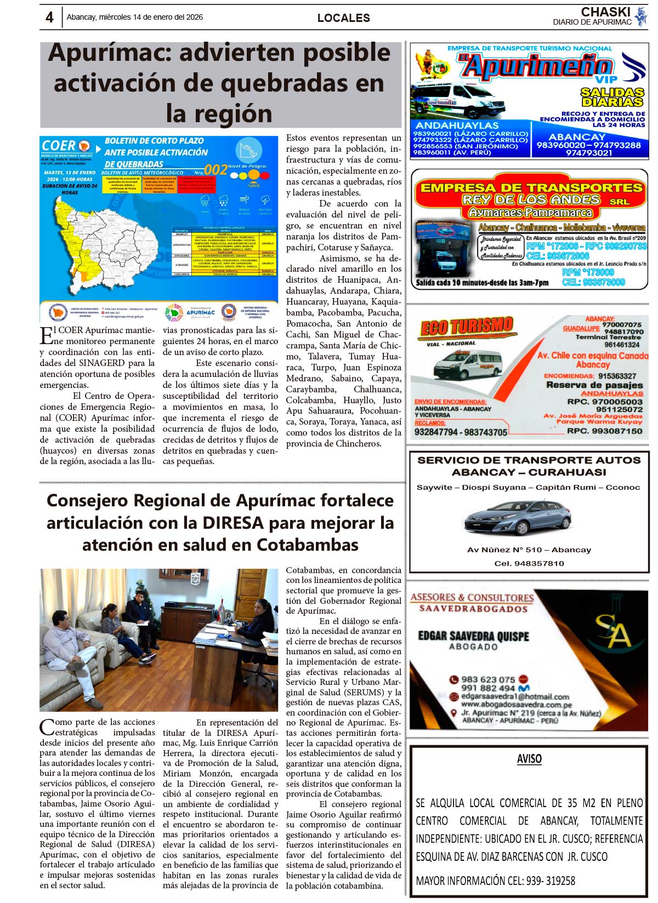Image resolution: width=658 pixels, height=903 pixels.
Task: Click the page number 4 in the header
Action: tap(49, 18)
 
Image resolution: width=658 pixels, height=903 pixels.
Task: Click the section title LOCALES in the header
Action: tap(343, 18)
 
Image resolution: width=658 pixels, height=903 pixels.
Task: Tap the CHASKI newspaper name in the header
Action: tap(605, 12)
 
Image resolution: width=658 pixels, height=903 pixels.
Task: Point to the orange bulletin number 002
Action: tap(215, 170)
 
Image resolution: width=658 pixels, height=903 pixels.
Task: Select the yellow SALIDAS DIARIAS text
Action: tap(612, 97)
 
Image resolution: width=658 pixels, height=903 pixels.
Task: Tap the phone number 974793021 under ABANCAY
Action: tap(589, 153)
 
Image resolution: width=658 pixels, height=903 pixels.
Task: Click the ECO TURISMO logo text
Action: tap(466, 327)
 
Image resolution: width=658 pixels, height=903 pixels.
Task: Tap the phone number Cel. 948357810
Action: tap(529, 563)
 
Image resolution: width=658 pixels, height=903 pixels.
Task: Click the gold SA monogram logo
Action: tap(613, 631)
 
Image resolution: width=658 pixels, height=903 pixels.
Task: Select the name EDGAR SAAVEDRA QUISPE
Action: tap(473, 636)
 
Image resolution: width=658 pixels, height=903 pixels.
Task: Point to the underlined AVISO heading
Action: tap(529, 759)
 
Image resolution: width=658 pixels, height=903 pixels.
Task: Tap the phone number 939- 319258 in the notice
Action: tap(551, 881)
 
